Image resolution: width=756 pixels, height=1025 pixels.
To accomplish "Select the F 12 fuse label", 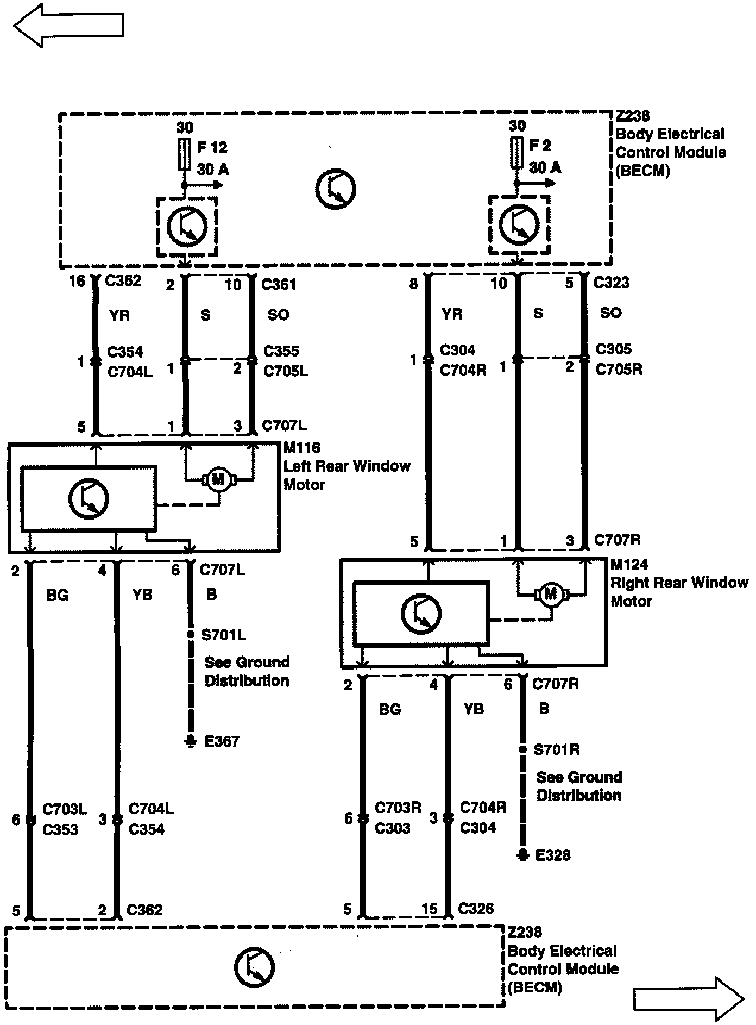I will (x=212, y=148).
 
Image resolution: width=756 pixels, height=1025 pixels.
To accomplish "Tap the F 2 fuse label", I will (x=540, y=146).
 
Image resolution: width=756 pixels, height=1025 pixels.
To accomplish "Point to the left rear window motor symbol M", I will (x=218, y=479).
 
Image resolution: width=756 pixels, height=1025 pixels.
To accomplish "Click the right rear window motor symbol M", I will (x=551, y=594).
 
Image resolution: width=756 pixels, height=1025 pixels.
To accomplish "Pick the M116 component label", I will (x=302, y=448).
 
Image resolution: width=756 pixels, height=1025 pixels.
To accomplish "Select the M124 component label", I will (x=629, y=565).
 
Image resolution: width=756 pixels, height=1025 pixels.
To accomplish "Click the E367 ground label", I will (x=221, y=741).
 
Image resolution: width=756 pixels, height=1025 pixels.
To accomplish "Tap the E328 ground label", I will (x=553, y=855).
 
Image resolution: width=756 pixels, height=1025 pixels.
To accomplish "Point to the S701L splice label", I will (x=223, y=635).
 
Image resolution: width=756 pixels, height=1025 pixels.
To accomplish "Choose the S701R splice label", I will (x=557, y=750).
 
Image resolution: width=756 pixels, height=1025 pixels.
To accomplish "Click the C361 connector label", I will (x=279, y=284).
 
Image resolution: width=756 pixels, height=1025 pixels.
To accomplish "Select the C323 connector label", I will (x=612, y=283).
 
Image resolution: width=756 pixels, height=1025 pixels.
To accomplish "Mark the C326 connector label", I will (x=476, y=909).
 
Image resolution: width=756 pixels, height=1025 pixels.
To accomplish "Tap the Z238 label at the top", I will (x=633, y=116).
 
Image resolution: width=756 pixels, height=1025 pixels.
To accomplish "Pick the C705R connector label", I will (x=619, y=370).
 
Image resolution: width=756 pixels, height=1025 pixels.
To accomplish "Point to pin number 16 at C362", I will (x=78, y=281).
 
